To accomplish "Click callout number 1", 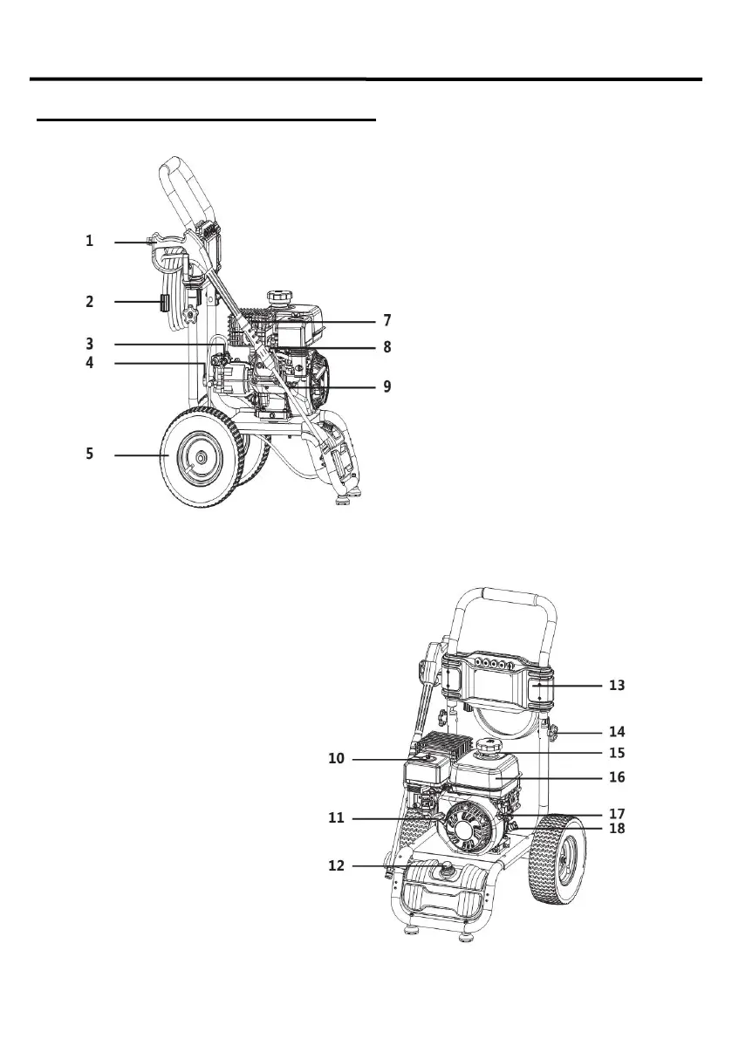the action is tap(89, 241).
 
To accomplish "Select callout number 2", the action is tap(89, 303).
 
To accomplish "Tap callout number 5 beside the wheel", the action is tap(89, 455).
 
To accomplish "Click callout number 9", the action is tap(387, 386).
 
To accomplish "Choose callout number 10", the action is tap(337, 759).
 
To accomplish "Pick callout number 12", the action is tap(337, 866).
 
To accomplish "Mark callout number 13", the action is tap(617, 686).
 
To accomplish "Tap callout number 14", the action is tap(617, 731).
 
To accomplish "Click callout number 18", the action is tap(617, 829).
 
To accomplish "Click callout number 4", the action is tap(89, 363).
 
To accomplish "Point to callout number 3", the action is tap(89, 345).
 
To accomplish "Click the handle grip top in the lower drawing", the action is tap(506, 594).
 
